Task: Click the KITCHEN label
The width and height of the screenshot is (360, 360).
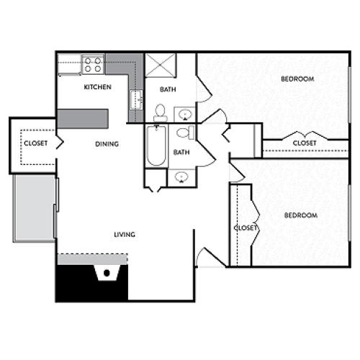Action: pos(98,87)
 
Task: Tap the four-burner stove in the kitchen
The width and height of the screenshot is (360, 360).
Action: pos(92,65)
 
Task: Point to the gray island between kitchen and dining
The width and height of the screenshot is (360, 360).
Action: pos(82,117)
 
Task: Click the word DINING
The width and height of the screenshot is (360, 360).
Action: pos(107,144)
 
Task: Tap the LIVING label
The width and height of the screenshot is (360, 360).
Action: pos(124,235)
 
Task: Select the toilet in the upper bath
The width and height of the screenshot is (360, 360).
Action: pos(160,112)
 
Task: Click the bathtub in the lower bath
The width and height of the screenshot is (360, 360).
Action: pos(154,146)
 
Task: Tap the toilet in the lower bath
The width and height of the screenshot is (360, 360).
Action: pos(184,133)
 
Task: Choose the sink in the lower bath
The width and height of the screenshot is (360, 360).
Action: pos(180,178)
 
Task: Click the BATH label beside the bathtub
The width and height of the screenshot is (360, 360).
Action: pos(181,152)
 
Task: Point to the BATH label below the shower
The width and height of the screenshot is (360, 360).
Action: pos(167,89)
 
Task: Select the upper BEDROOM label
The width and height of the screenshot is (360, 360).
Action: pos(297,79)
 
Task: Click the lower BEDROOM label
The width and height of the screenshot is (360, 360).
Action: pos(300,215)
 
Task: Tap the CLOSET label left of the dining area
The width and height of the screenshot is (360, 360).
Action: pos(35,143)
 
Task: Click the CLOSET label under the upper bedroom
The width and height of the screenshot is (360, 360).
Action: pos(304,143)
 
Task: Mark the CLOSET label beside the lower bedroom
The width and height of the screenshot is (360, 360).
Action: pos(246,228)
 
